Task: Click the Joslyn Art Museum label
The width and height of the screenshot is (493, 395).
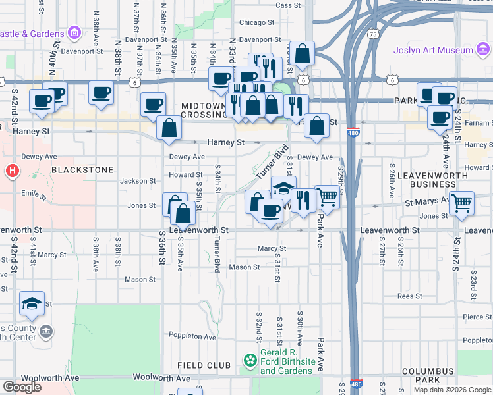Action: (433, 50)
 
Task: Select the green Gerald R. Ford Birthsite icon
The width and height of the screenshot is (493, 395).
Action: (250, 361)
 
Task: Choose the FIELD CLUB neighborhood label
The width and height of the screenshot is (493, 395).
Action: (204, 365)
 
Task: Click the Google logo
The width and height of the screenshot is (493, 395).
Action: (22, 387)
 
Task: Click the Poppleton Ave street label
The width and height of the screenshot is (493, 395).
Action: (192, 337)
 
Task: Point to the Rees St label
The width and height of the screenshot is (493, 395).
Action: (409, 296)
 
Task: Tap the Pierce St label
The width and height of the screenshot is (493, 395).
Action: (477, 317)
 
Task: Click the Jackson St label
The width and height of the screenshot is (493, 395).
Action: (138, 180)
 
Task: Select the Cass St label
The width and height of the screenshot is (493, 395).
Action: (288, 5)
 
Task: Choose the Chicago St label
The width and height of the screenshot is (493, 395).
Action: (252, 22)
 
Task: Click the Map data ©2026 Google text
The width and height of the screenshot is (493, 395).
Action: (451, 390)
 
